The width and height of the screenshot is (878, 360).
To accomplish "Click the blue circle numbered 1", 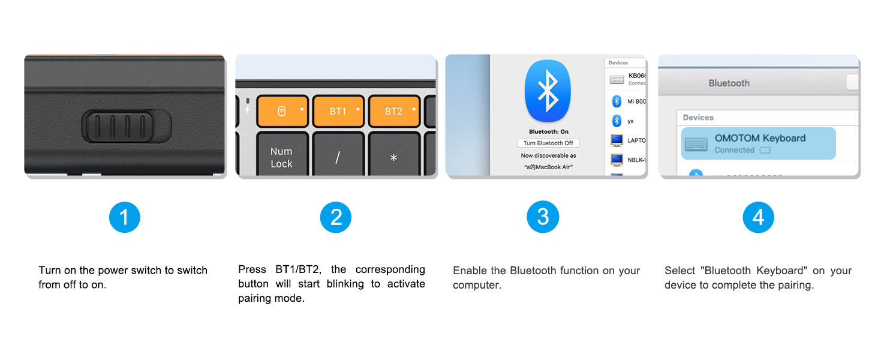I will (x=124, y=217).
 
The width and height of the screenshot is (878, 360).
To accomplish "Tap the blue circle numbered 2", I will (x=336, y=217).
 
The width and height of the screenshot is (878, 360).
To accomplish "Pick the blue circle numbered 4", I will (x=758, y=217).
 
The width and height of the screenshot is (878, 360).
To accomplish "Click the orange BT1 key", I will (x=338, y=112).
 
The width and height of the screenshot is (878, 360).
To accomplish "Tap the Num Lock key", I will (x=282, y=157).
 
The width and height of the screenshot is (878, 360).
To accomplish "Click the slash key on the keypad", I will (x=338, y=157).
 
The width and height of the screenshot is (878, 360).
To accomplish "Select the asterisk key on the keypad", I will (x=393, y=157).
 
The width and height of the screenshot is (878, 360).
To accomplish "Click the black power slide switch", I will (x=127, y=125).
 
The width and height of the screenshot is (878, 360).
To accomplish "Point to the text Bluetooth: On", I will (x=548, y=131).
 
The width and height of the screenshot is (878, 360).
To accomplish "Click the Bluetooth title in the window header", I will (x=729, y=83).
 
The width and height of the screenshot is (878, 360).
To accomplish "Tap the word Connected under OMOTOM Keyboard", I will (x=734, y=150).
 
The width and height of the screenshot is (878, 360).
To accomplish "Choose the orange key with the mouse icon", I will (x=282, y=112).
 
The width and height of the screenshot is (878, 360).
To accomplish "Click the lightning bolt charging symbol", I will (x=247, y=110).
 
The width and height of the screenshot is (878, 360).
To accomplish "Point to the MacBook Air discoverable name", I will (x=548, y=167).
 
